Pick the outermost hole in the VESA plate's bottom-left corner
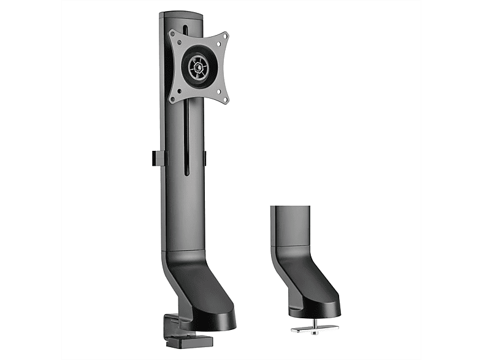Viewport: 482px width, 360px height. pyautogui.click(x=174, y=99)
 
